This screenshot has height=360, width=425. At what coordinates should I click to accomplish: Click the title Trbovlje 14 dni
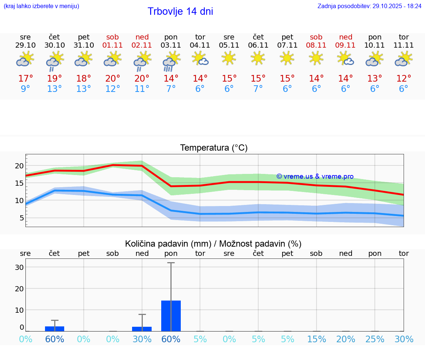[x=180, y=11]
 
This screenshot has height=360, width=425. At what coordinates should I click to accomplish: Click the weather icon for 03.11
[x=171, y=61]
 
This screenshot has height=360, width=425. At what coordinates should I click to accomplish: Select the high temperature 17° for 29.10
[x=25, y=79]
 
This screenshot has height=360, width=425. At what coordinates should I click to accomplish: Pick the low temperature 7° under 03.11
[x=171, y=89]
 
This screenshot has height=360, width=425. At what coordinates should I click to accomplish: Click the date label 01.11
[x=113, y=45]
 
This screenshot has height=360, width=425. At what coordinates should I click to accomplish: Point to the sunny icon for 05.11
[x=229, y=58]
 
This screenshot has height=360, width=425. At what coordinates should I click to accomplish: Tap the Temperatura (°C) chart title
[x=214, y=148]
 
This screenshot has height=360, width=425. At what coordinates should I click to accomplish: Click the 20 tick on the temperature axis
[x=19, y=166]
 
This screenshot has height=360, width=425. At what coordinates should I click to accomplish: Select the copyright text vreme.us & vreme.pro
[x=315, y=176]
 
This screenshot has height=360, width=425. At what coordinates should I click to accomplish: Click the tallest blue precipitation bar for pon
[x=171, y=316]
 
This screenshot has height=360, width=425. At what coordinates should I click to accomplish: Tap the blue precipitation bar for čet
[x=55, y=329]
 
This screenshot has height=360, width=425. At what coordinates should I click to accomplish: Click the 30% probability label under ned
[x=142, y=339]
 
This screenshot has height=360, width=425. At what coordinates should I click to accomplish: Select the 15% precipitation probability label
[x=317, y=339]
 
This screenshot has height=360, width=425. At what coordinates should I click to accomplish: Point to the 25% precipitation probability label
[x=375, y=339]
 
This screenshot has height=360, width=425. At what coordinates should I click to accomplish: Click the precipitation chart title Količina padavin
[x=213, y=244]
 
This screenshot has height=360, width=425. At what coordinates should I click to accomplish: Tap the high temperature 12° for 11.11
[x=404, y=79]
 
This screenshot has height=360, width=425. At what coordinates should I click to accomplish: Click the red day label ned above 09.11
[x=346, y=37]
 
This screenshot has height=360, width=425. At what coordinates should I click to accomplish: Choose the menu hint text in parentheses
[x=41, y=6]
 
